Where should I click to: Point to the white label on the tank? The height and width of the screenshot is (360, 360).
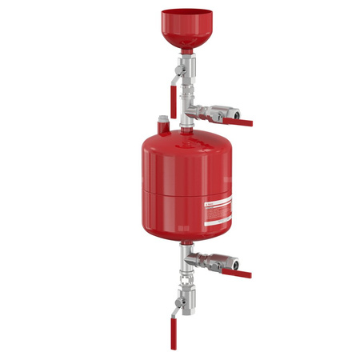[215, 212]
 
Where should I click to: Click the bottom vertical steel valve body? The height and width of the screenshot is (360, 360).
[183, 301]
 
